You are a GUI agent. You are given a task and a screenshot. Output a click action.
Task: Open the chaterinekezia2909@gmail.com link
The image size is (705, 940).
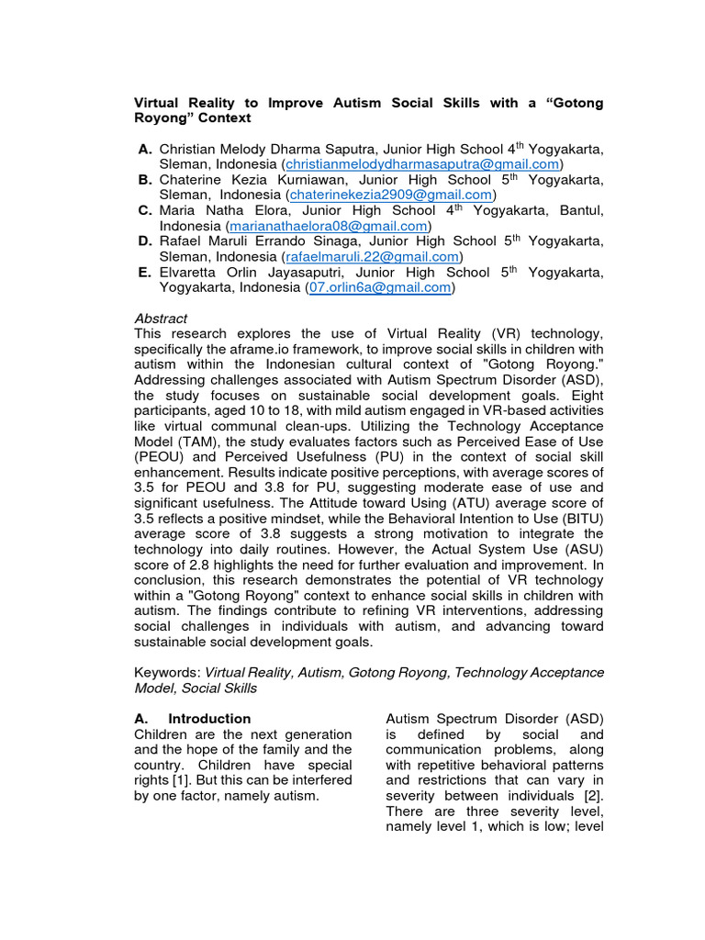coord(391,196)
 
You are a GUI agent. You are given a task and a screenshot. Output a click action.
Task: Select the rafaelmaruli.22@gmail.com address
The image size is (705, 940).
coord(373,257)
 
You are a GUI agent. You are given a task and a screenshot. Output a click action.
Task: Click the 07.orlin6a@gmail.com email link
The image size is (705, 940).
coord(380,287)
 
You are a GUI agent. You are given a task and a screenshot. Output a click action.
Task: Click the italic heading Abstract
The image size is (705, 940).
coord(161,319)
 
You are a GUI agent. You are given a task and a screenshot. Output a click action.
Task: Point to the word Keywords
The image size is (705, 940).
coord(166,673)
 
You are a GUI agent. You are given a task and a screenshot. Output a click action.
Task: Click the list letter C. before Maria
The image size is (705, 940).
coord(145,210)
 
